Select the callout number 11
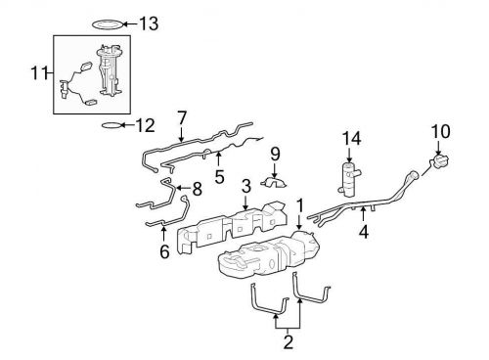tap(38, 72)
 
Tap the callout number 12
tap(146, 125)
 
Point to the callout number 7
tap(181, 117)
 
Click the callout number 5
tap(218, 176)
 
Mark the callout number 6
tap(163, 252)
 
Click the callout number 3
tap(246, 185)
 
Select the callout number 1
tap(300, 208)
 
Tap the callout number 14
tap(352, 137)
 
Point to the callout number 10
tap(440, 130)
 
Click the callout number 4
tap(364, 233)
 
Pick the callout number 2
tap(289, 341)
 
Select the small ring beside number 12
tap(112, 126)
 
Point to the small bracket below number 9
tap(275, 183)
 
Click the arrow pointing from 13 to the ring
tap(133, 22)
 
